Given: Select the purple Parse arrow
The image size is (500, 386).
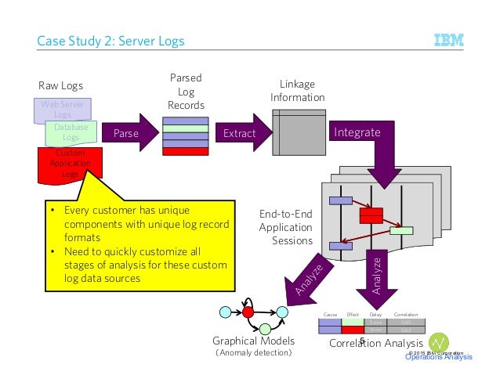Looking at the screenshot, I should click(x=128, y=133).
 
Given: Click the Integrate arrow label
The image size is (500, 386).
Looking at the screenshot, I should click(x=357, y=132).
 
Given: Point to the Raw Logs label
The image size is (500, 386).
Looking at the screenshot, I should click(x=60, y=85).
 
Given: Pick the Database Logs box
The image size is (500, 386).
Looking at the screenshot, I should click(x=71, y=132).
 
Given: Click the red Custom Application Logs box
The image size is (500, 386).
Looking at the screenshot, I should click(x=69, y=163).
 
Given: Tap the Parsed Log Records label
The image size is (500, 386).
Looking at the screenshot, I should click(x=186, y=92).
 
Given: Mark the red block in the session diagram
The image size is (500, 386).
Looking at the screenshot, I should click(x=370, y=214).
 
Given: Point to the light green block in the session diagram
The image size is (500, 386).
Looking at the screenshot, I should click(x=401, y=230).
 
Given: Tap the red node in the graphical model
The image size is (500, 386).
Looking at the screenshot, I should click(x=249, y=312).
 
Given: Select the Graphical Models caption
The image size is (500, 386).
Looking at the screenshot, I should click(x=254, y=341).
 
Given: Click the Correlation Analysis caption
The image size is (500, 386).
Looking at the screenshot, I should click(x=376, y=343).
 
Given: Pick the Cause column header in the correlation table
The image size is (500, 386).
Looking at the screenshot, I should click(x=331, y=313).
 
